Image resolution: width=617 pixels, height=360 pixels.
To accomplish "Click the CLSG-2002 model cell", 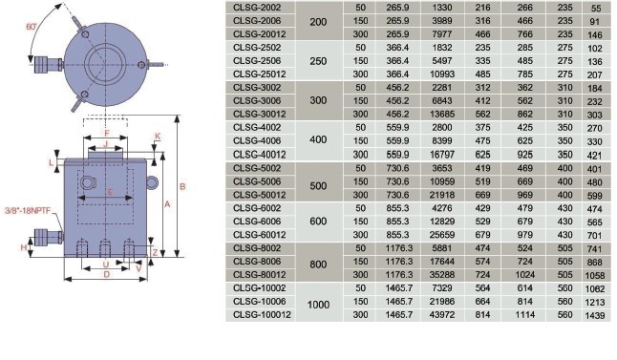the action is click(x=257, y=8).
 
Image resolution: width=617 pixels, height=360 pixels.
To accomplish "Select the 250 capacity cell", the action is click(x=318, y=61).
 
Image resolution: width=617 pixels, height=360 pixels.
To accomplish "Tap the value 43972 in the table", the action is click(x=442, y=315).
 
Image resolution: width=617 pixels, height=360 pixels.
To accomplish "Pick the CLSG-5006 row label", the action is click(x=257, y=181).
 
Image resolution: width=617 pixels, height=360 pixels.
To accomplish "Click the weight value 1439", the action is click(x=595, y=315).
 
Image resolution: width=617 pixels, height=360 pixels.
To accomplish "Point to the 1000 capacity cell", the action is click(x=318, y=305).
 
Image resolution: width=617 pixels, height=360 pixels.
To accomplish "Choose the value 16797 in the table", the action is click(x=442, y=155).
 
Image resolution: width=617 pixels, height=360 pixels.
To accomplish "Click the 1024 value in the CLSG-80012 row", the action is click(x=525, y=275).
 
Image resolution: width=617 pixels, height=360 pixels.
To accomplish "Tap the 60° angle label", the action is click(x=32, y=27).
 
